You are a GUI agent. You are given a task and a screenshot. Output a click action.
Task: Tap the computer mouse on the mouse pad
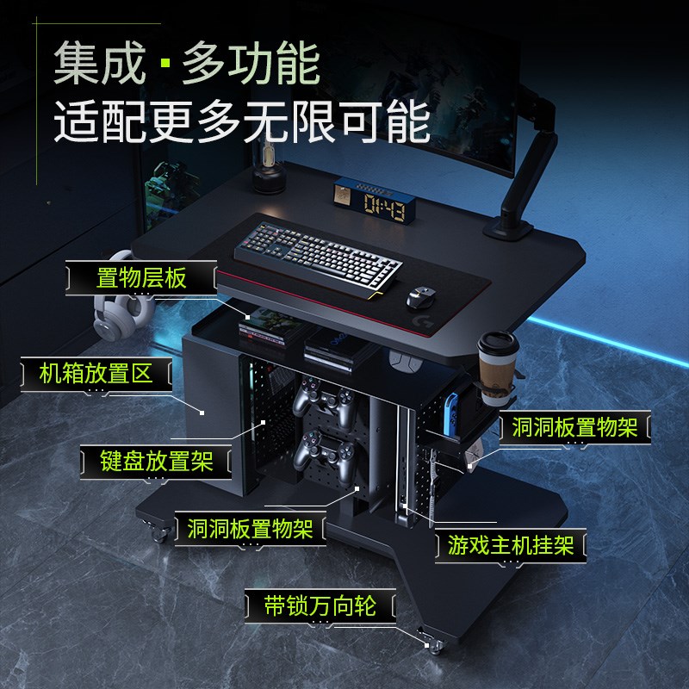pyautogui.click(x=422, y=298)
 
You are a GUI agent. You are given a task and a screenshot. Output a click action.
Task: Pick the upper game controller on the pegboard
pyautogui.click(x=323, y=403)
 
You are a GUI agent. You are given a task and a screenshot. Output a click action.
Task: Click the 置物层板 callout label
pyautogui.click(x=141, y=278)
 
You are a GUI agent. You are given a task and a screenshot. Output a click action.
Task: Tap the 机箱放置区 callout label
pyautogui.click(x=96, y=373)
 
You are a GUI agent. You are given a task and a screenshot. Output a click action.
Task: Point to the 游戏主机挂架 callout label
pyautogui.click(x=511, y=545)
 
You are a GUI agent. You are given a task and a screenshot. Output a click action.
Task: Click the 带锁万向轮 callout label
pyautogui.click(x=320, y=605)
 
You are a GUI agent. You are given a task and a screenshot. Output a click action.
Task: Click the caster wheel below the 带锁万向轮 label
pyautogui.click(x=428, y=639)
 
